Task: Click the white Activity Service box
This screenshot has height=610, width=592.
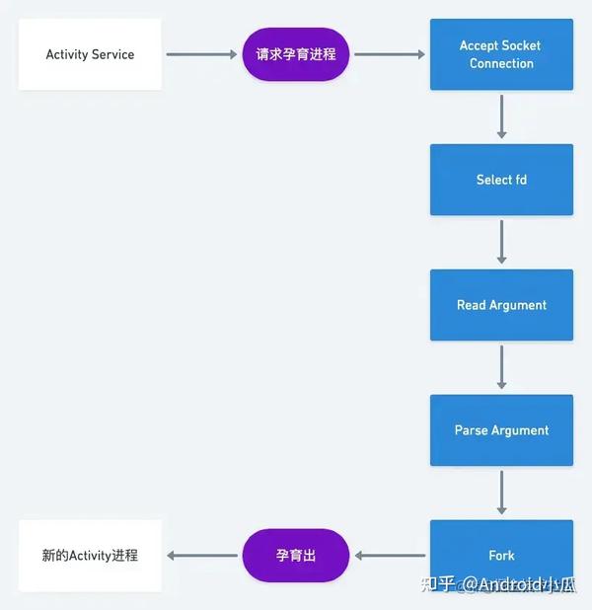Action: click(x=90, y=54)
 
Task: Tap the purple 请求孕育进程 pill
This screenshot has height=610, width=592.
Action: click(x=296, y=54)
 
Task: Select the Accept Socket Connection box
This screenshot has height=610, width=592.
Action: click(x=501, y=54)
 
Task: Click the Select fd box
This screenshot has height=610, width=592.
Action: click(x=501, y=180)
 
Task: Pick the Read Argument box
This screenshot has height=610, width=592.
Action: click(x=501, y=305)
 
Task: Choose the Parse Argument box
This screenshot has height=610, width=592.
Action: click(x=501, y=430)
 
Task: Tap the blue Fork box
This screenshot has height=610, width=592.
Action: click(x=501, y=555)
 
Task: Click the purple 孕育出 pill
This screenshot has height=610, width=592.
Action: click(x=296, y=555)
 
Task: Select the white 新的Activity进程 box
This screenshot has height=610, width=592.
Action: click(x=90, y=555)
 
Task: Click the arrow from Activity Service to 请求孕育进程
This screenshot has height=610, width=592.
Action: click(x=201, y=54)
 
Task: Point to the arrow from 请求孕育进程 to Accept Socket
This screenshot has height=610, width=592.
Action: click(x=391, y=54)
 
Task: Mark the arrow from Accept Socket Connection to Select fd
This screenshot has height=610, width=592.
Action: click(x=501, y=116)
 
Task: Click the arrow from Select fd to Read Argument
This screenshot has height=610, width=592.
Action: click(x=501, y=242)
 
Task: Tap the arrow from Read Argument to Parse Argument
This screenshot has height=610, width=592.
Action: click(x=501, y=367)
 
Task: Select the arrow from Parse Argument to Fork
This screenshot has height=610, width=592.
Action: click(x=501, y=493)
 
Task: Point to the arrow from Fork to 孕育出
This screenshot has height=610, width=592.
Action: click(x=391, y=555)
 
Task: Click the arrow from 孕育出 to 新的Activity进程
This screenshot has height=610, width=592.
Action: click(x=201, y=555)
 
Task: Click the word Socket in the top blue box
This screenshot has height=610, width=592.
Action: click(x=521, y=45)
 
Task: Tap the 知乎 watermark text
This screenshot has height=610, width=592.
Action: click(x=437, y=583)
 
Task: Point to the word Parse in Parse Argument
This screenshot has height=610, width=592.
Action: click(x=471, y=430)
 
